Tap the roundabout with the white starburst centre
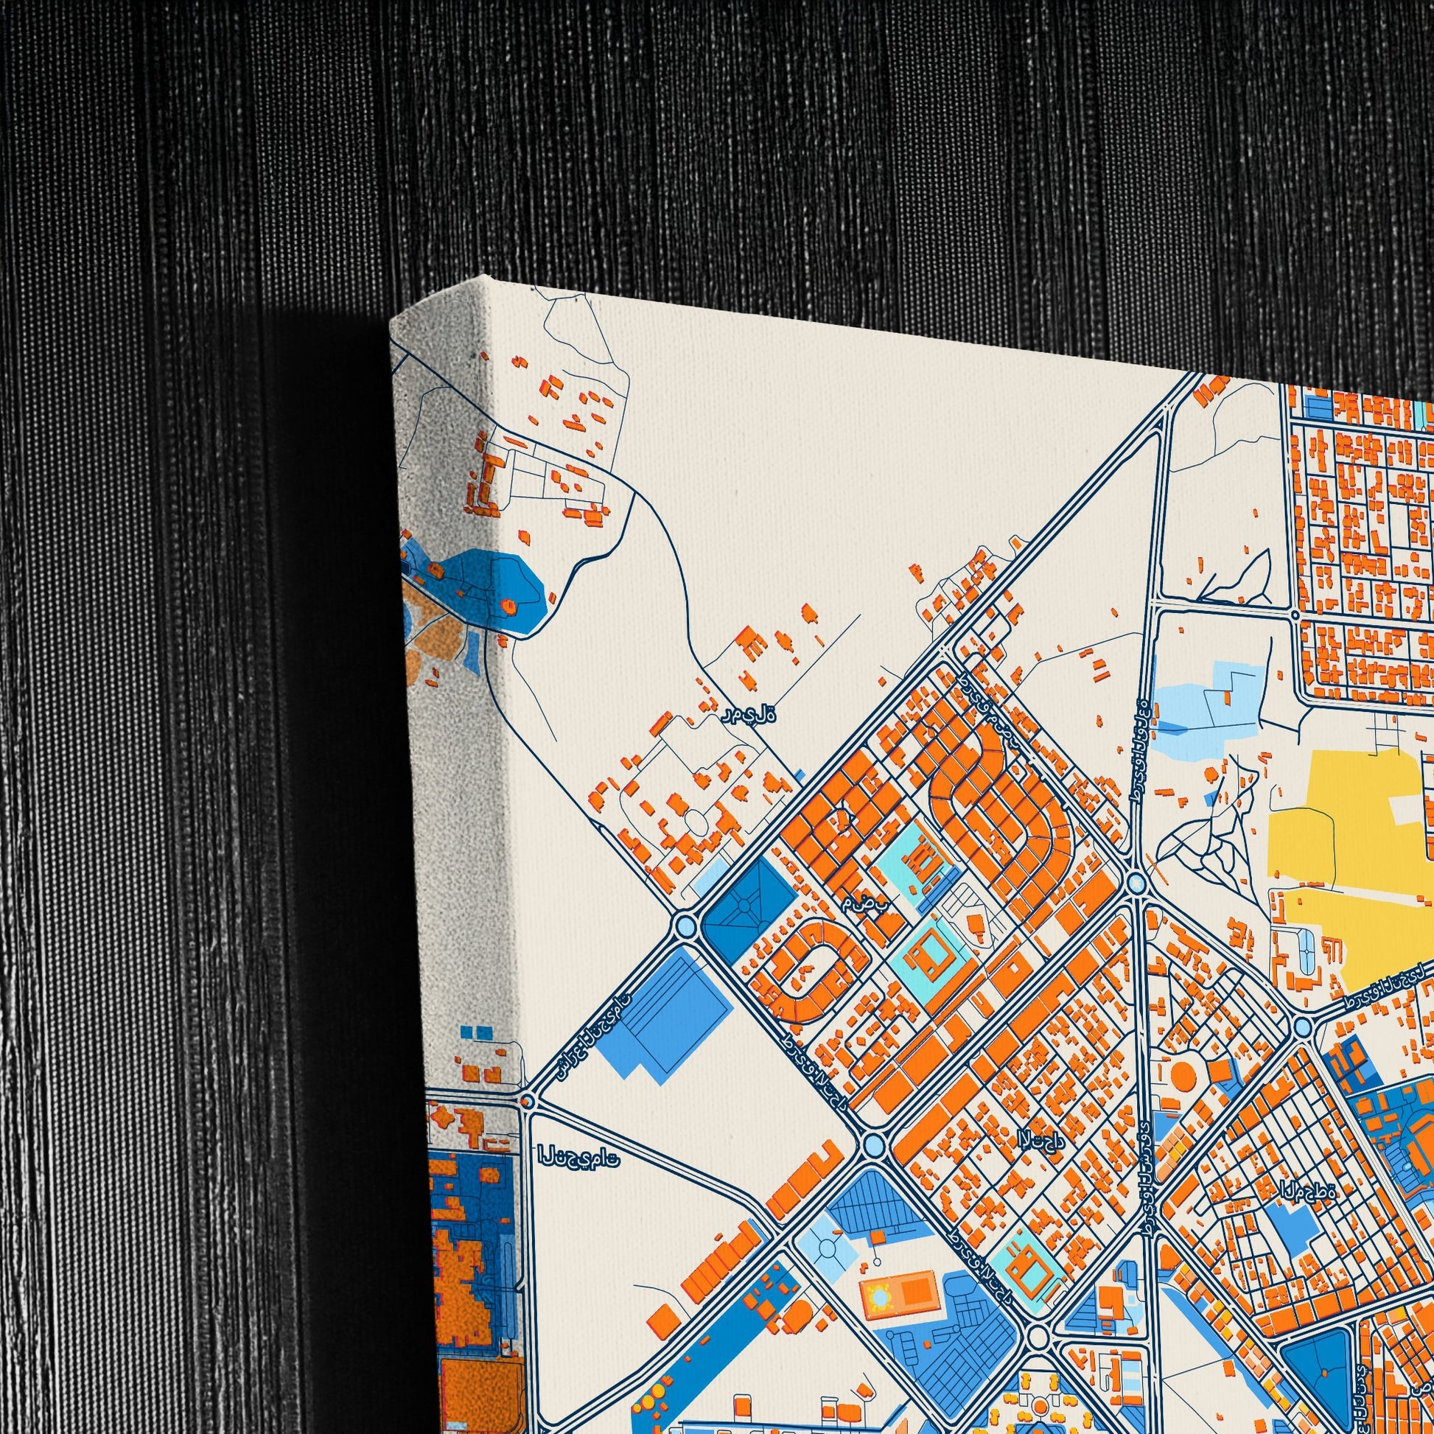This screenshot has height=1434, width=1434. (1136, 883)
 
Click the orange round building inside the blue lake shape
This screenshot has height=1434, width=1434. (510, 606)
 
